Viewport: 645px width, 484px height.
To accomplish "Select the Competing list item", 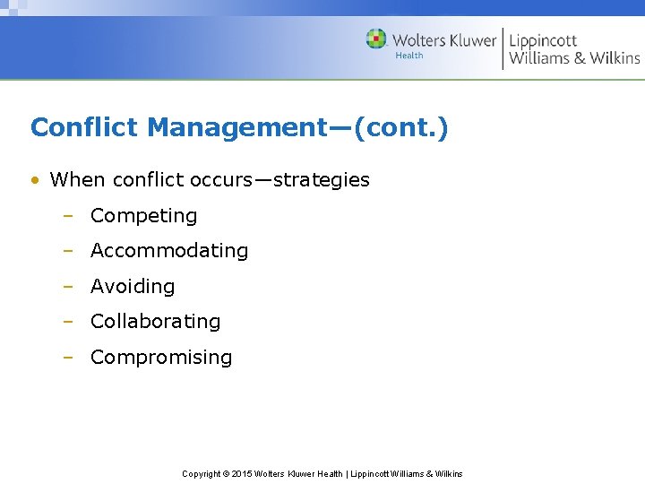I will (x=143, y=216).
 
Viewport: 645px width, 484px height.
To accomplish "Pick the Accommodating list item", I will (x=169, y=251).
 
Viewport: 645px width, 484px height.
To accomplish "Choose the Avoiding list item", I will (x=133, y=287).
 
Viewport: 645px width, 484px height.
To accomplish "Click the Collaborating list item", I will (x=155, y=322).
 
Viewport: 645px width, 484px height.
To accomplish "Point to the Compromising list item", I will (x=161, y=358).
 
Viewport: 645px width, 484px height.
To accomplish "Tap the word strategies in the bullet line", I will (x=321, y=180).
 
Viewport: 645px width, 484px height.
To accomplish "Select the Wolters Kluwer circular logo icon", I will (x=376, y=39).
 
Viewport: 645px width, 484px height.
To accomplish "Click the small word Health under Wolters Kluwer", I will (x=409, y=56).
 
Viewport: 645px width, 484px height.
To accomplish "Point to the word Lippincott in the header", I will (x=544, y=39).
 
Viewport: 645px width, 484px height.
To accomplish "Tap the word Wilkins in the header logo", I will (x=614, y=58).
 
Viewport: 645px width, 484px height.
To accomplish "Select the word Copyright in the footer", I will (x=202, y=474).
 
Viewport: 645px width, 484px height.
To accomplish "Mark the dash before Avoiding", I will (x=67, y=287).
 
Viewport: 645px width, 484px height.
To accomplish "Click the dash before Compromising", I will (x=67, y=358).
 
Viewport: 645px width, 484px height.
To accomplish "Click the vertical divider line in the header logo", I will (x=503, y=48).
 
